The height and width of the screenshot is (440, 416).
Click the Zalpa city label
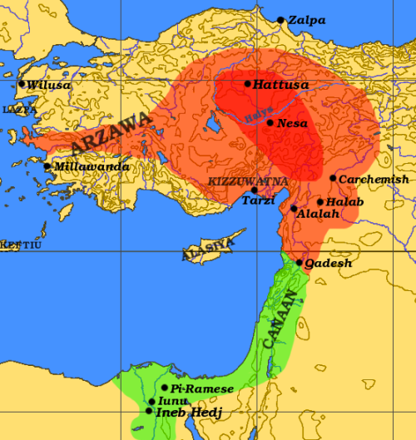tap(308, 20)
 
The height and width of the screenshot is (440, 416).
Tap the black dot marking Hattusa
tap(248, 84)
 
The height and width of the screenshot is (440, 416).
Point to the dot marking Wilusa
tap(22, 84)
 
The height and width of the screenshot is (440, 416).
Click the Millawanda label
tap(91, 167)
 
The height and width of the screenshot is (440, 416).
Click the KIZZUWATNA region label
tap(248, 180)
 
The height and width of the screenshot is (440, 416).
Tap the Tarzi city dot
tap(254, 190)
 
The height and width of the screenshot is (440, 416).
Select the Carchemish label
tap(374, 179)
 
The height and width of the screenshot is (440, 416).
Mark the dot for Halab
tap(320, 202)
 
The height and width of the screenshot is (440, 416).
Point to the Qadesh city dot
tap(300, 262)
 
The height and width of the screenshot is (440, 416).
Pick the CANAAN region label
tap(279, 319)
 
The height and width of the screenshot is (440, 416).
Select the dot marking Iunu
tap(151, 402)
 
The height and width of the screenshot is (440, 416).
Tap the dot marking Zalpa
tap(281, 20)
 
